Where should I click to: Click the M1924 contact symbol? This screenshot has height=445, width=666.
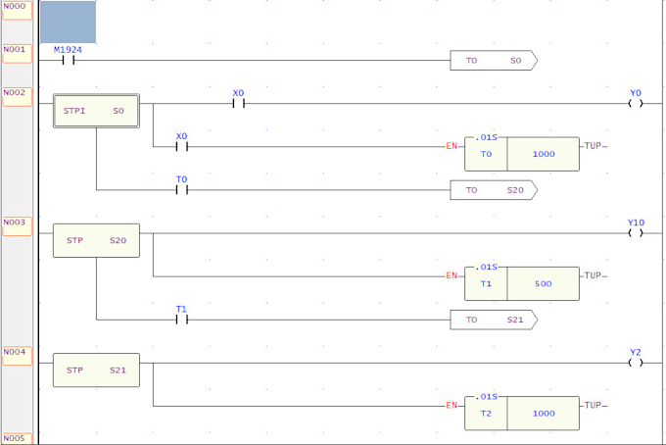[68, 61]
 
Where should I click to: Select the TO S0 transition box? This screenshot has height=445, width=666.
[493, 61]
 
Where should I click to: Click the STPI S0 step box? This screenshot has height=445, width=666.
[96, 112]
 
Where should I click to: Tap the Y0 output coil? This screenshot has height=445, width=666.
[636, 103]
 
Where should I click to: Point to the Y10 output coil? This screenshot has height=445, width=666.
[636, 233]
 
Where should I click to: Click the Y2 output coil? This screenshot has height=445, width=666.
[636, 363]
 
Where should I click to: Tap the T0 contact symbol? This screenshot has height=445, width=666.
[181, 190]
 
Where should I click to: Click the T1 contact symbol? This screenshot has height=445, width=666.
[181, 320]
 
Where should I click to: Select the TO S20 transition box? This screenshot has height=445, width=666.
[493, 190]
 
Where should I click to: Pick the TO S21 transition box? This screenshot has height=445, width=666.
[493, 320]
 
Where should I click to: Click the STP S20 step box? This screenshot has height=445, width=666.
[96, 241]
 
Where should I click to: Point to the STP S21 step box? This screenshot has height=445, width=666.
[96, 371]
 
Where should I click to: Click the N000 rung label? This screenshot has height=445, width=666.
[16, 7]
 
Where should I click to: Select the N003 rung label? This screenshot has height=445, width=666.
[16, 222]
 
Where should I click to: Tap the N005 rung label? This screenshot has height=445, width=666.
[16, 438]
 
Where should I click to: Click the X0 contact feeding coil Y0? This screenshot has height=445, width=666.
[238, 103]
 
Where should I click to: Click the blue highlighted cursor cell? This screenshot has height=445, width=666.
[68, 23]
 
